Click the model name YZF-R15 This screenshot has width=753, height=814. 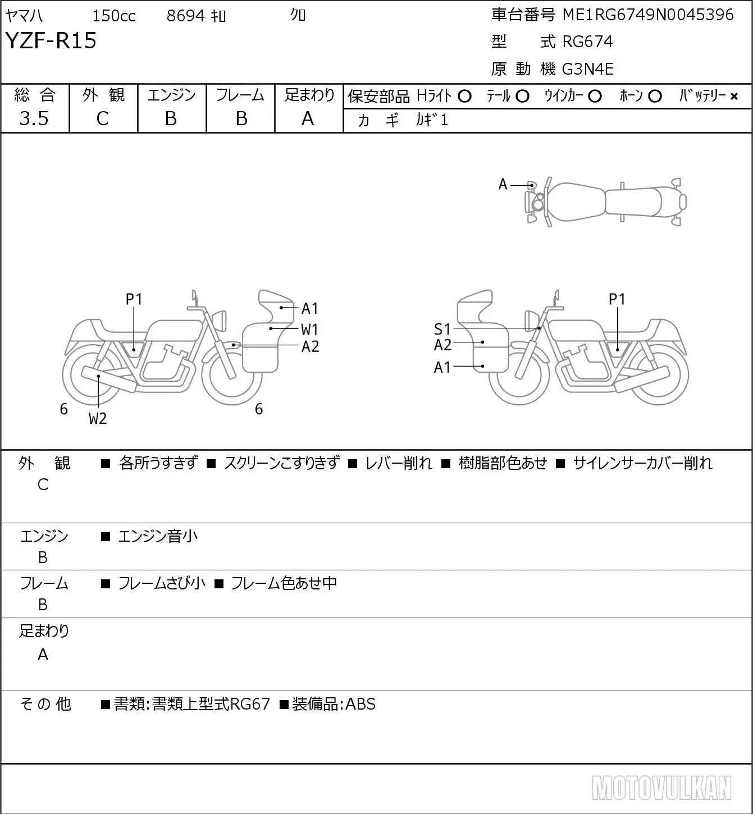tap(51, 40)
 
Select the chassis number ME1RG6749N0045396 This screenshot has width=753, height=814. tap(648, 15)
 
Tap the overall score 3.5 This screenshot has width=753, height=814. tap(34, 118)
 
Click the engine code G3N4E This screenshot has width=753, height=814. tap(588, 69)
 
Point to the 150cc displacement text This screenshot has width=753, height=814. tap(114, 16)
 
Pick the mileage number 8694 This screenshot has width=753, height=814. tap(185, 16)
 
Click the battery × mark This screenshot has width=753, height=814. tap(734, 97)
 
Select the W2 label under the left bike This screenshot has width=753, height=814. tap(98, 418)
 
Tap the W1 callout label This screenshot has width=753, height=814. tap(309, 330)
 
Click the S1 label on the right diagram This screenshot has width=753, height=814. tap(442, 329)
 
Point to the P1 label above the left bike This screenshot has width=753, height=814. tap(134, 299)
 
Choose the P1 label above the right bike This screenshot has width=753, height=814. tap(617, 299)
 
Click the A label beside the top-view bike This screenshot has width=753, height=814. tap(503, 185)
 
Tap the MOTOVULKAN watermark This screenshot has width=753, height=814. tap(661, 788)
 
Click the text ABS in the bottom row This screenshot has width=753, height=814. tap(360, 704)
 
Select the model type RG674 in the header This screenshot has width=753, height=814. tap(588, 42)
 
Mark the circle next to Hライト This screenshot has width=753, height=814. tap(464, 97)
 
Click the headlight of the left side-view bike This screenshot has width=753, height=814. tap(220, 321)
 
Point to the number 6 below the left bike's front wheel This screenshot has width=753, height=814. tap(259, 409)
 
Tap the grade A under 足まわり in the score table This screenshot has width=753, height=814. tap(308, 119)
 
